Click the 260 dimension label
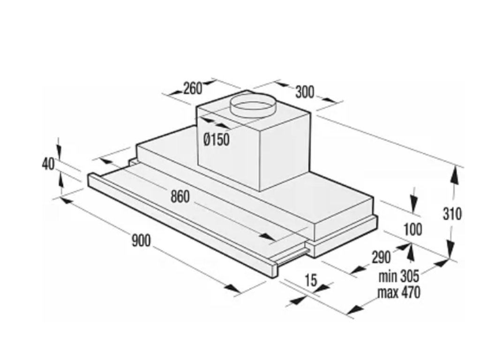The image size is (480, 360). click(x=193, y=89)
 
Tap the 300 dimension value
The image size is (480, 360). click(x=305, y=92)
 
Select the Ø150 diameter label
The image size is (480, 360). click(x=217, y=140)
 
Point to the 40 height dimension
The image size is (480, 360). click(x=48, y=164)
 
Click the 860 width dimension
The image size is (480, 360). click(x=180, y=196)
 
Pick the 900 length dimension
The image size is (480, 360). click(x=141, y=240)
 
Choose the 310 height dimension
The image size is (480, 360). click(x=452, y=214)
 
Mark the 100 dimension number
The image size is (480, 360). click(x=413, y=229)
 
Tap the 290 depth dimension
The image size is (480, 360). click(x=381, y=257)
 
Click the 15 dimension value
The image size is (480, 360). click(x=311, y=280)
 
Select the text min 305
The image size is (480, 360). click(x=398, y=276)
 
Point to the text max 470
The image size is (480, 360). click(x=399, y=292)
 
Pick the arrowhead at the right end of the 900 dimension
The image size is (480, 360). click(x=232, y=288)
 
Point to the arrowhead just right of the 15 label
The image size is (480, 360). click(x=323, y=287)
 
